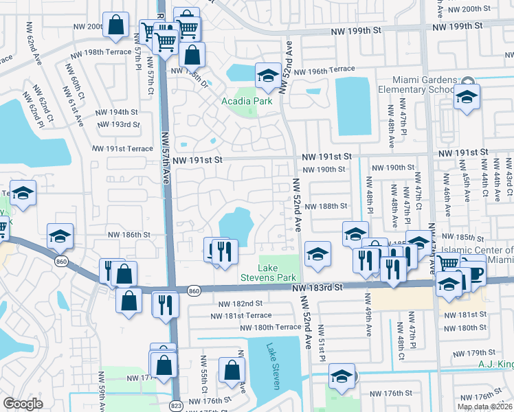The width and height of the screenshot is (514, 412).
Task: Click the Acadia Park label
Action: click(247, 101)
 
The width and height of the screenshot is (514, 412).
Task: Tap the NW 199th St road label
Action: click(355, 30)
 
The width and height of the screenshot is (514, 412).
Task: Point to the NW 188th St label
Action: click(326, 206)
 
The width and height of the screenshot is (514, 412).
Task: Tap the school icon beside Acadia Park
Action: click(267, 76)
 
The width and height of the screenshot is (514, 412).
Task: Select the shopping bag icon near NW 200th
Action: click(116, 25)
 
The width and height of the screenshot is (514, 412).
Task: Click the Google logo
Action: click(23, 404)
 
